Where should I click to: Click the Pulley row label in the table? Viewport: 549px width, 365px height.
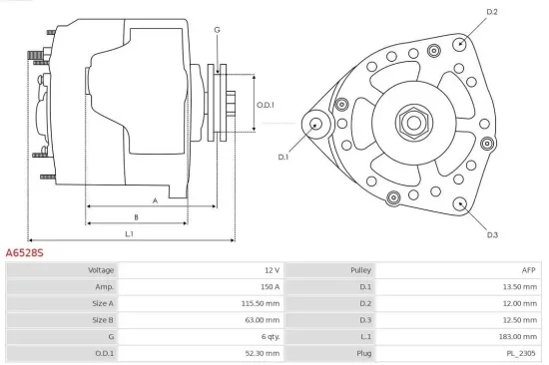pos(360,269)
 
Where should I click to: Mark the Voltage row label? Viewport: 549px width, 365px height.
pos(101,269)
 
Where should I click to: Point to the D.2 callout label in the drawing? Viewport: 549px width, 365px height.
pos(491,12)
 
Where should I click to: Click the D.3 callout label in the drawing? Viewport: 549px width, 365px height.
pos(492,235)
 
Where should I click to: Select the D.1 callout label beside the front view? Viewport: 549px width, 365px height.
pos(282,157)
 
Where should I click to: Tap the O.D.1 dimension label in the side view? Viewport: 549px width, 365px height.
pos(265,105)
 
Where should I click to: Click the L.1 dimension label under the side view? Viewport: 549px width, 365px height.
pos(130,233)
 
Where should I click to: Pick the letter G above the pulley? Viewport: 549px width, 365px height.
pos(217,30)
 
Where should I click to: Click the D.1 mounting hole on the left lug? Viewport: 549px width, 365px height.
pos(316,124)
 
